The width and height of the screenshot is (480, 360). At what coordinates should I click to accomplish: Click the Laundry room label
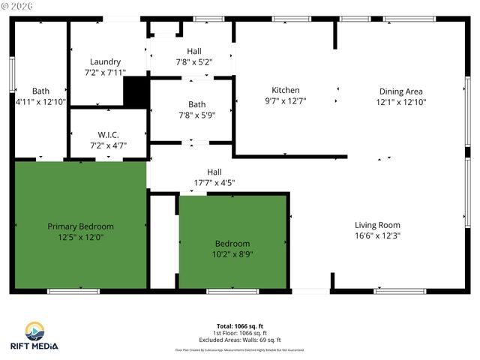105,61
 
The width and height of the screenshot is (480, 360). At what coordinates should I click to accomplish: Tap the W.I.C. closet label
109,134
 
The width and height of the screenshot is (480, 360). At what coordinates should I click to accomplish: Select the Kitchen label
285,89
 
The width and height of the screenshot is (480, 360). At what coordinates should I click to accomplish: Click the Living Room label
377,225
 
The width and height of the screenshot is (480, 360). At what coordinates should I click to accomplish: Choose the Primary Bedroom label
80,226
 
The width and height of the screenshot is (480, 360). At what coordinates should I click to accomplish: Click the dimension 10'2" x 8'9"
232,254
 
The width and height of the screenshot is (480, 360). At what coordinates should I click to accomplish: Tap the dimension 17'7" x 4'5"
214,181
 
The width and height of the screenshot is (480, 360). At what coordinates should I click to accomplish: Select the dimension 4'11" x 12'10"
40,101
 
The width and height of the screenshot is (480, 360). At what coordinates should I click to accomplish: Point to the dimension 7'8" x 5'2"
194,62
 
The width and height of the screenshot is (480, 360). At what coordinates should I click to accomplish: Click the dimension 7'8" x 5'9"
197,115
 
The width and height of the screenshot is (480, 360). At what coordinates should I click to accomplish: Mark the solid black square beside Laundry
135,93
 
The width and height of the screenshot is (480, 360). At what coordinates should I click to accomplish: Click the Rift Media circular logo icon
34,331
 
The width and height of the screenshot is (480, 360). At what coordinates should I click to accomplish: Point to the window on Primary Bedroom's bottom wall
73,291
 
